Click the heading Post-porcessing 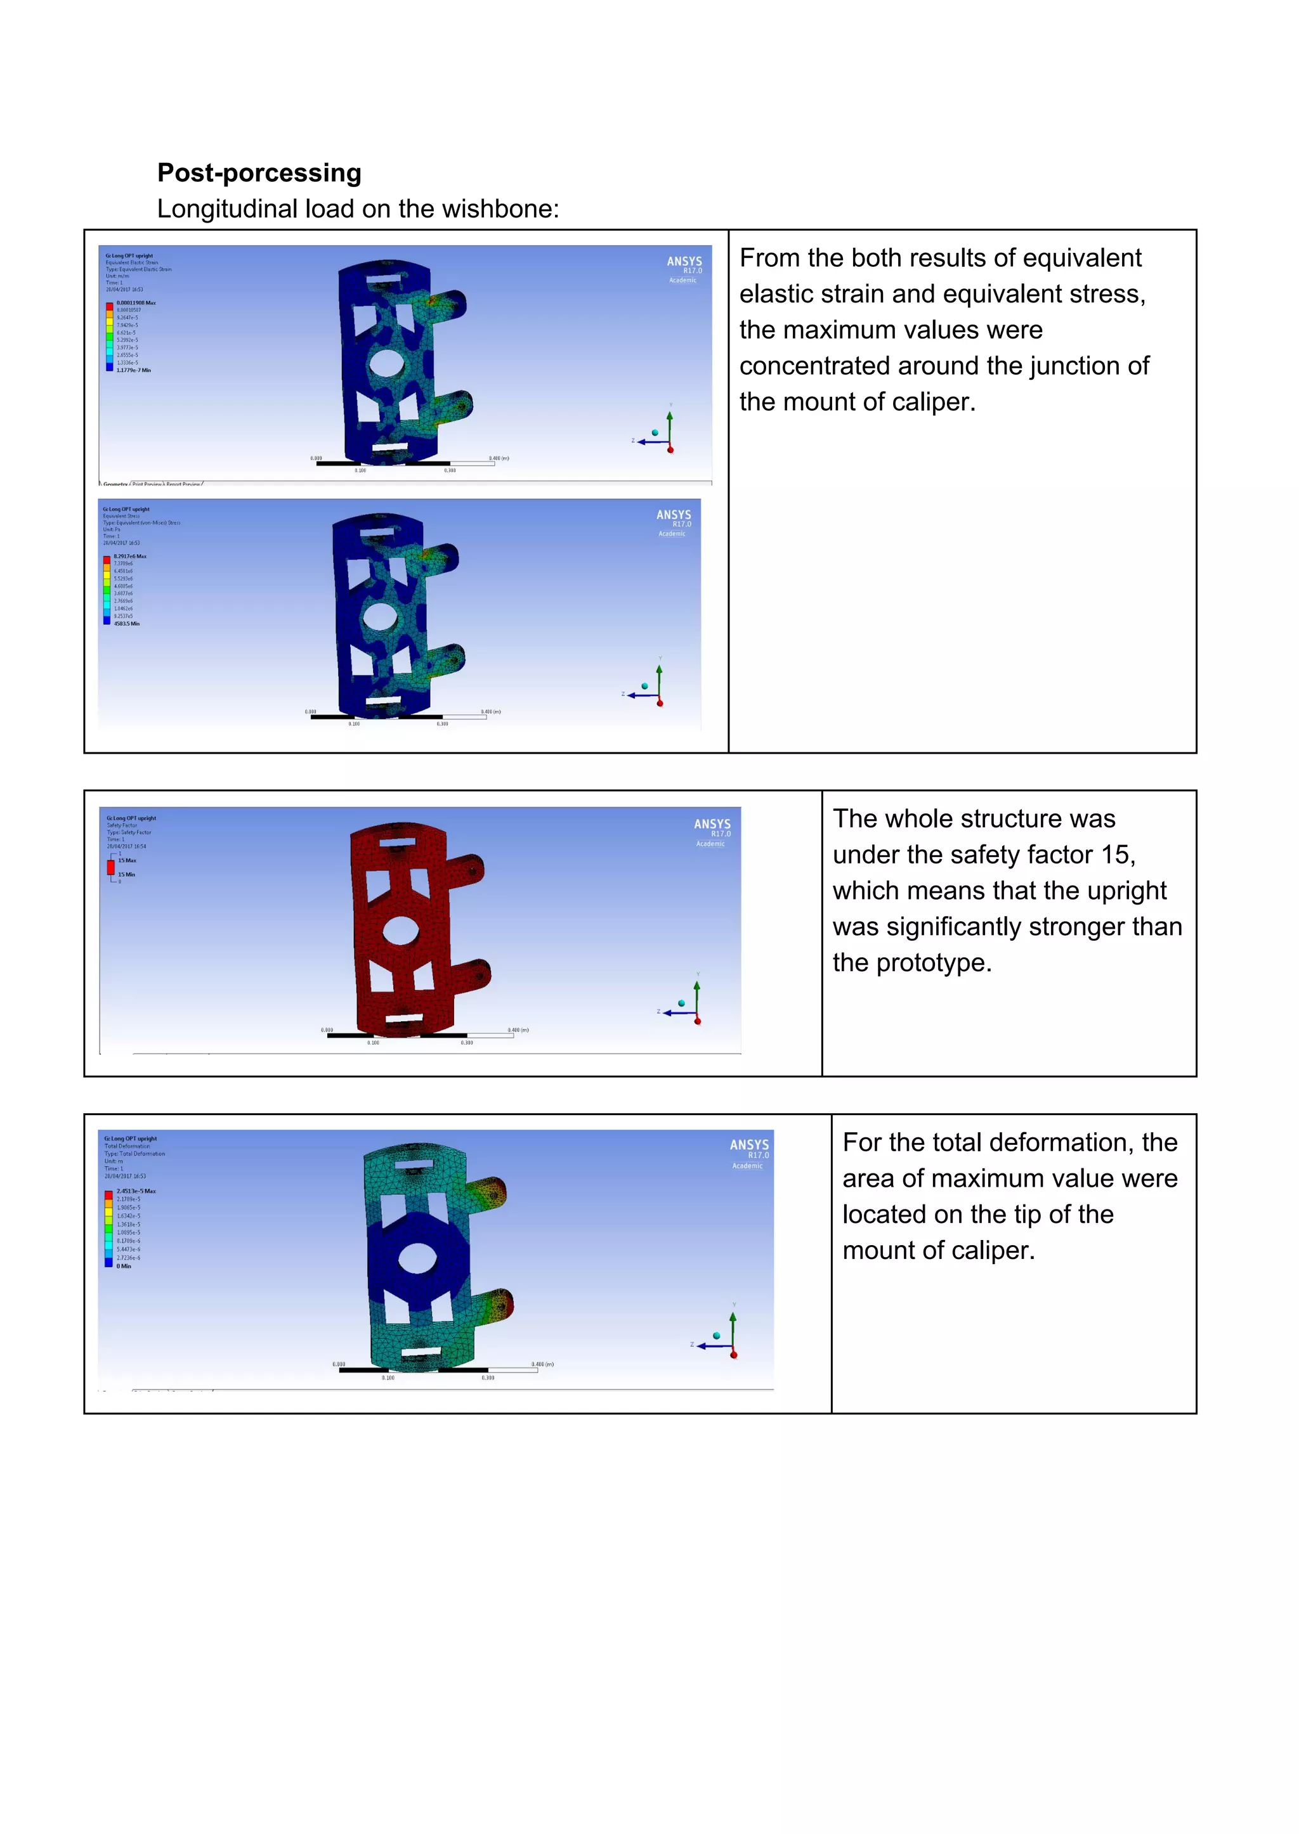click(x=259, y=172)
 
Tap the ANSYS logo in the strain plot click(x=684, y=261)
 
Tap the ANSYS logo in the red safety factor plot click(x=712, y=824)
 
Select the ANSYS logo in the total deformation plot click(x=748, y=1145)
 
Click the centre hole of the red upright click(x=401, y=931)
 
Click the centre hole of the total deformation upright click(x=417, y=1258)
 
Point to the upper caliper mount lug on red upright click(x=469, y=870)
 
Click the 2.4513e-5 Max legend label click(x=136, y=1191)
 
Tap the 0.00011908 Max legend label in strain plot click(x=136, y=303)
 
